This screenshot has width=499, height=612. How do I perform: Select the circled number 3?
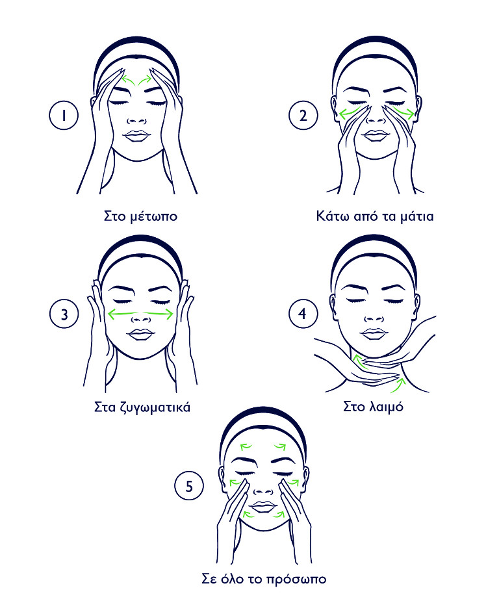point(64,314)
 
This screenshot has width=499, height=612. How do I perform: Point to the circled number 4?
point(303,314)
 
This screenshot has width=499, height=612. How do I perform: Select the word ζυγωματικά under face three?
point(151,408)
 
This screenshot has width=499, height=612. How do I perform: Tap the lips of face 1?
point(137,136)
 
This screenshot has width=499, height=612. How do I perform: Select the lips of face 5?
point(262,505)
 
